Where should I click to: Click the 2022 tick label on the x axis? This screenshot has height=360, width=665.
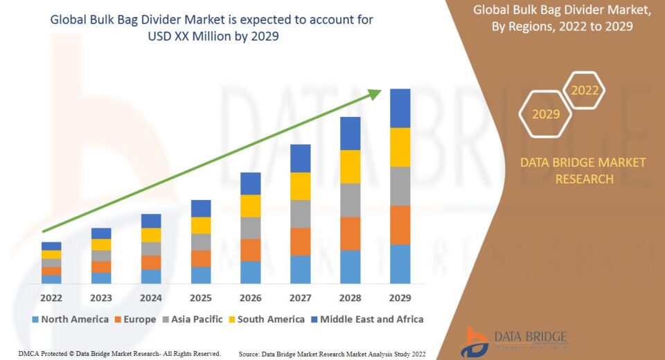51,298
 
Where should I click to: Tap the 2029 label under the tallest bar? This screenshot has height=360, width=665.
400,298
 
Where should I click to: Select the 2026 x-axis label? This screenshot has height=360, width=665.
250,298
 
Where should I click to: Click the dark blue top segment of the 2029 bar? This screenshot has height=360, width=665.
400,108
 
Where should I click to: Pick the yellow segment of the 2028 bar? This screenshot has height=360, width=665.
351,167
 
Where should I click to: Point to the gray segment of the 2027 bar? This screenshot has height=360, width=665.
300,214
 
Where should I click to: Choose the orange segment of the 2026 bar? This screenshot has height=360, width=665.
251,250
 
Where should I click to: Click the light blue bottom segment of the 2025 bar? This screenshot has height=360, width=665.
201,276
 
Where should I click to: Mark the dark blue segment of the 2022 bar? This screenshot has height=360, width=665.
51,246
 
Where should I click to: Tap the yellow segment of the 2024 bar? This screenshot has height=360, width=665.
151,235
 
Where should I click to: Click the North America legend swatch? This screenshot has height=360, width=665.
35,320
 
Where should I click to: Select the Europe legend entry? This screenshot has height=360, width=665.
135,319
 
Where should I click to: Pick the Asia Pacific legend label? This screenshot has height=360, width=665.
197,319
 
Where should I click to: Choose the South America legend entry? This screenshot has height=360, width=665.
266,319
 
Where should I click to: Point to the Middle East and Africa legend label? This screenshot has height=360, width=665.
371,319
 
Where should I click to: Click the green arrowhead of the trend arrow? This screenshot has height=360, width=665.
375,94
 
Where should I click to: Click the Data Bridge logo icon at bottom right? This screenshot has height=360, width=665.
475,343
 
